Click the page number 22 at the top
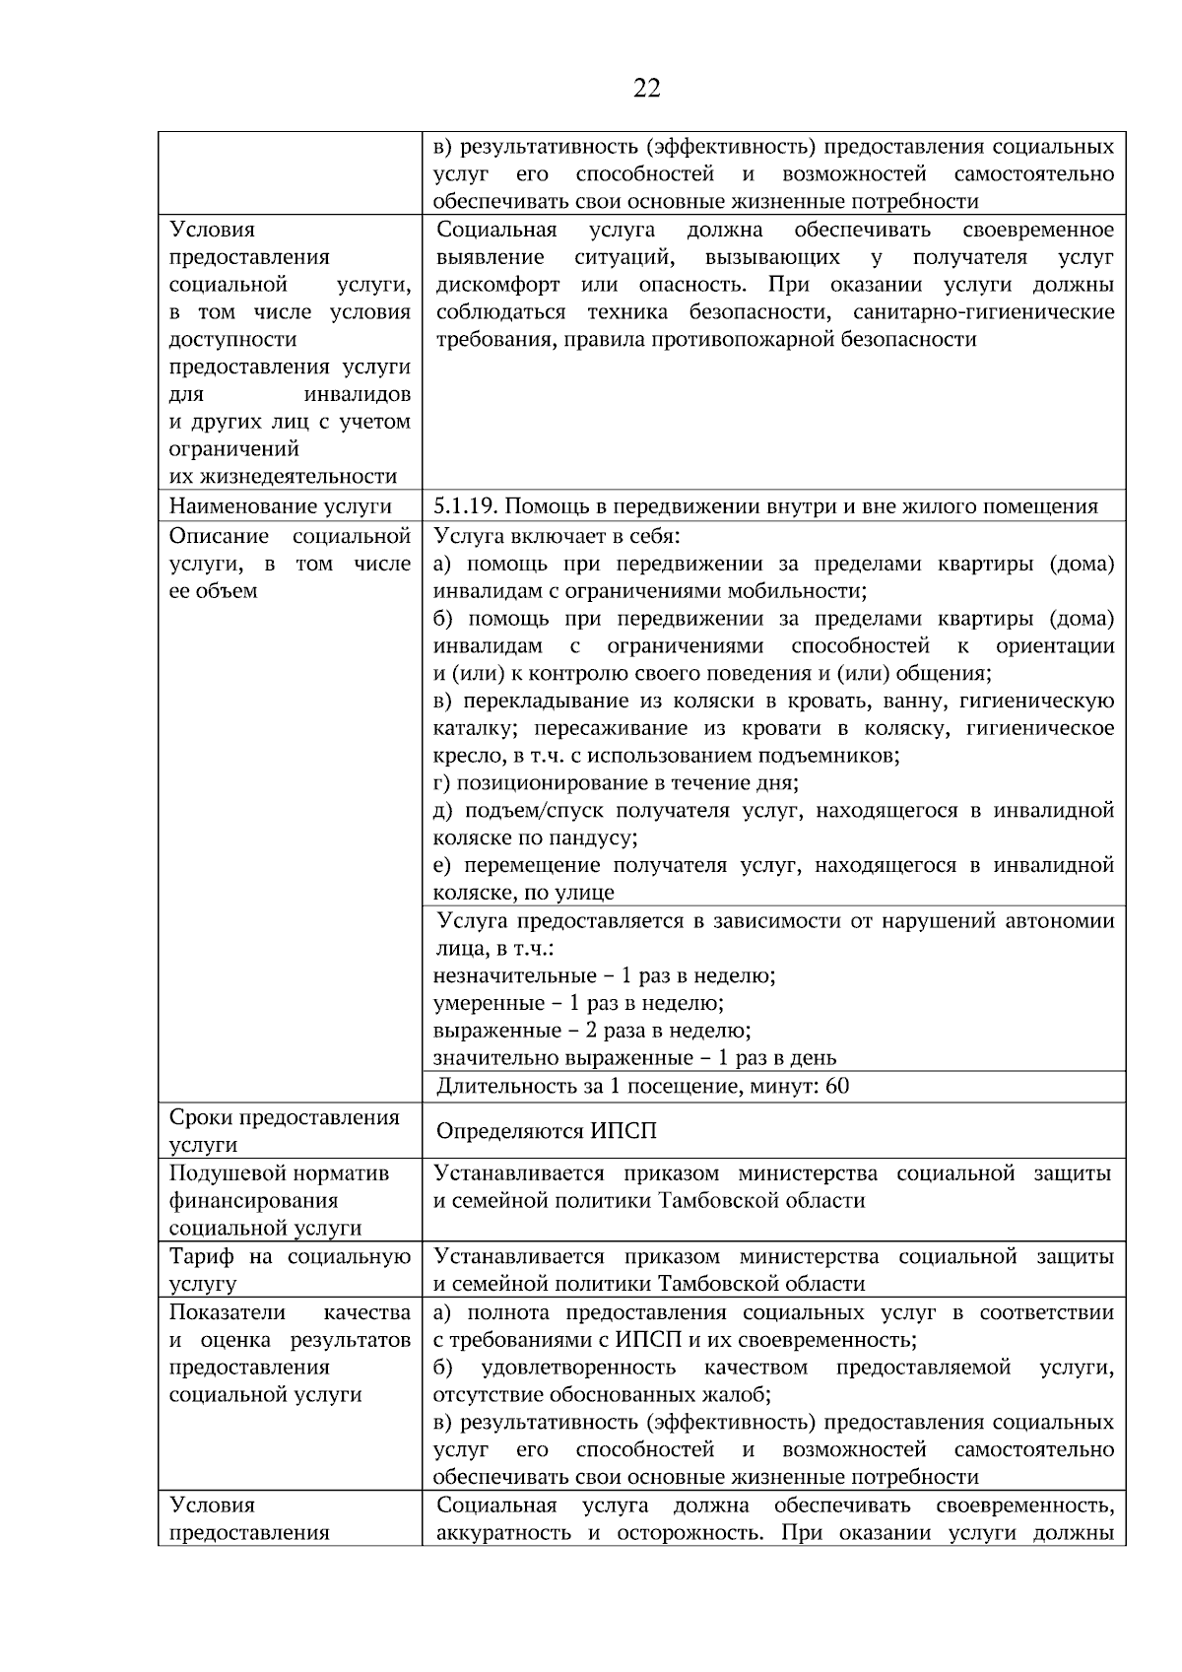pos(646,89)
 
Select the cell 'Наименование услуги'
pos(280,506)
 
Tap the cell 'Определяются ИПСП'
pos(547,1131)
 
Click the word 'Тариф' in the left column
pos(201,1256)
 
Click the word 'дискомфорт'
pos(497,285)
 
